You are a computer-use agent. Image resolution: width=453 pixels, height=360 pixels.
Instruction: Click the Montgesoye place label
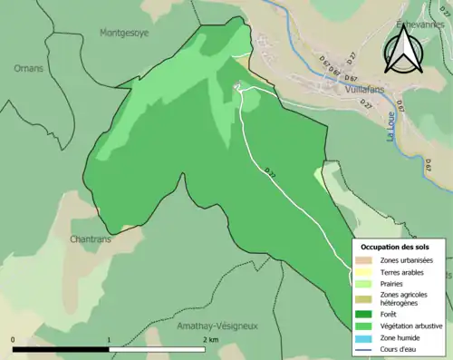tap(124, 32)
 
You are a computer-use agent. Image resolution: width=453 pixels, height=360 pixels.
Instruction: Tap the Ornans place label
tap(29, 68)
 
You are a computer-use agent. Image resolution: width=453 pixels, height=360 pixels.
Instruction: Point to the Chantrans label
tap(91, 239)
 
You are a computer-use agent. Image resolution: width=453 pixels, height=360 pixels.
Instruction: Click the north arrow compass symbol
tap(401, 49)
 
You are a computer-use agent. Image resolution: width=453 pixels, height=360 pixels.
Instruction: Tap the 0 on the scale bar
tap(14, 340)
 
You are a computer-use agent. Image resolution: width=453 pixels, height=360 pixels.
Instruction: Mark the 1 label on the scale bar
tap(110, 340)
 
